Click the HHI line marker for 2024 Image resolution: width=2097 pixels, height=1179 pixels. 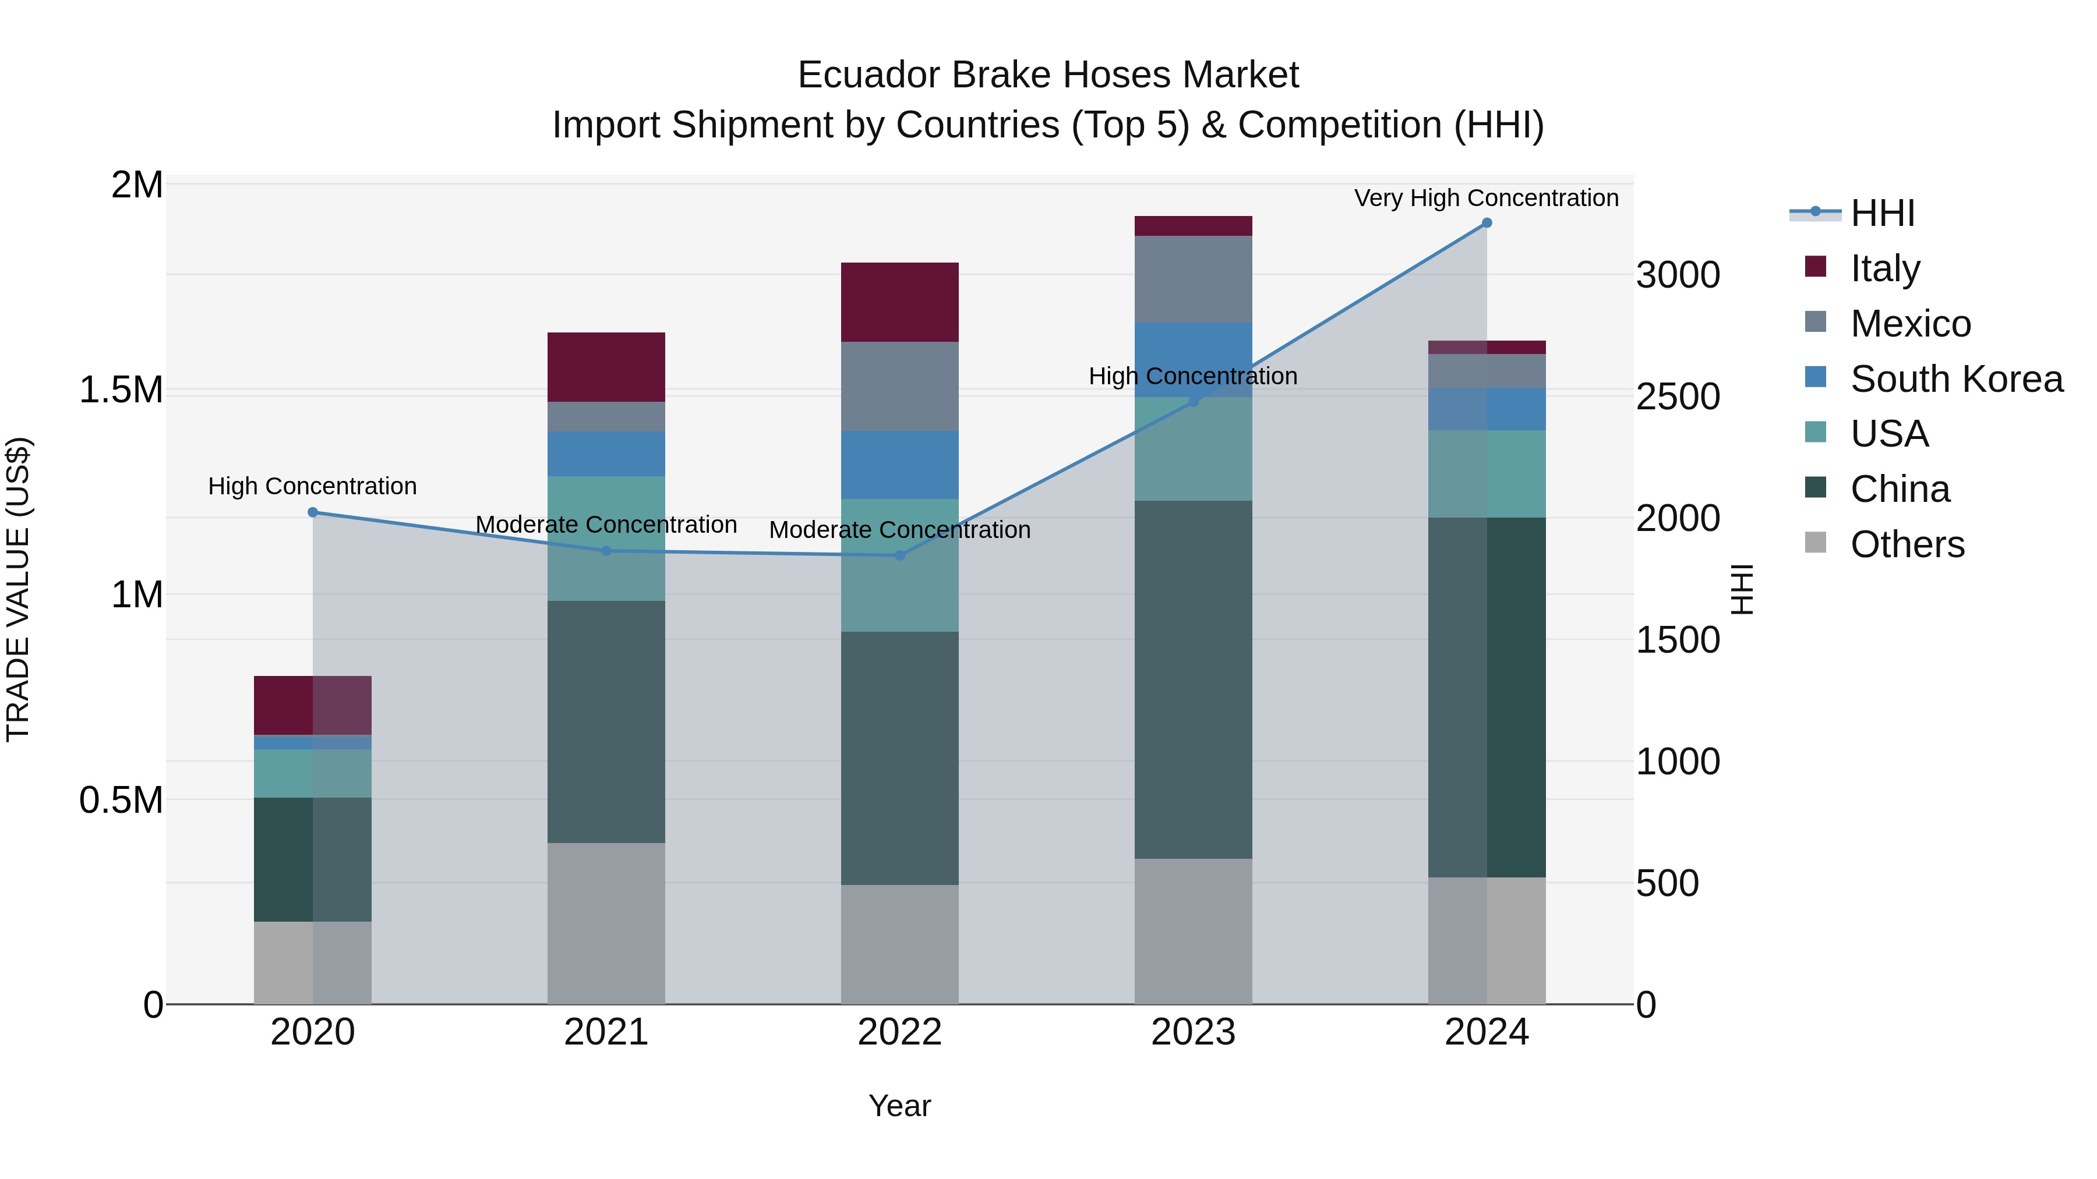coord(1487,223)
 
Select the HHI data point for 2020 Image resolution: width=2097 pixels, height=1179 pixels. coord(313,512)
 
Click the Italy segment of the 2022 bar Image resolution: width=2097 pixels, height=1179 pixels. coord(899,302)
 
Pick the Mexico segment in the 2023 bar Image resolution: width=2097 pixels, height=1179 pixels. coord(1194,279)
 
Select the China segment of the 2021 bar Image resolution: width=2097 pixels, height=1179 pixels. coord(606,722)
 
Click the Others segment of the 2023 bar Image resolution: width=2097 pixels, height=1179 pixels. coord(1194,931)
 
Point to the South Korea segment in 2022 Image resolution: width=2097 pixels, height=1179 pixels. coord(899,465)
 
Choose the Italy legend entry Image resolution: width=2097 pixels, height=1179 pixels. coord(1884,268)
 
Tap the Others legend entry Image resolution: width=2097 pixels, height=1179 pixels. coord(1907,544)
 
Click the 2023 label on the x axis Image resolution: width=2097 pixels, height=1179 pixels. coord(1194,1032)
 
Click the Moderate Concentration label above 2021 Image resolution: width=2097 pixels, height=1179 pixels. coord(606,525)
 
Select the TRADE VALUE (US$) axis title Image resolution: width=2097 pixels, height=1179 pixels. coord(19,589)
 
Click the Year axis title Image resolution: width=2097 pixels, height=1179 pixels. coord(899,1106)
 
